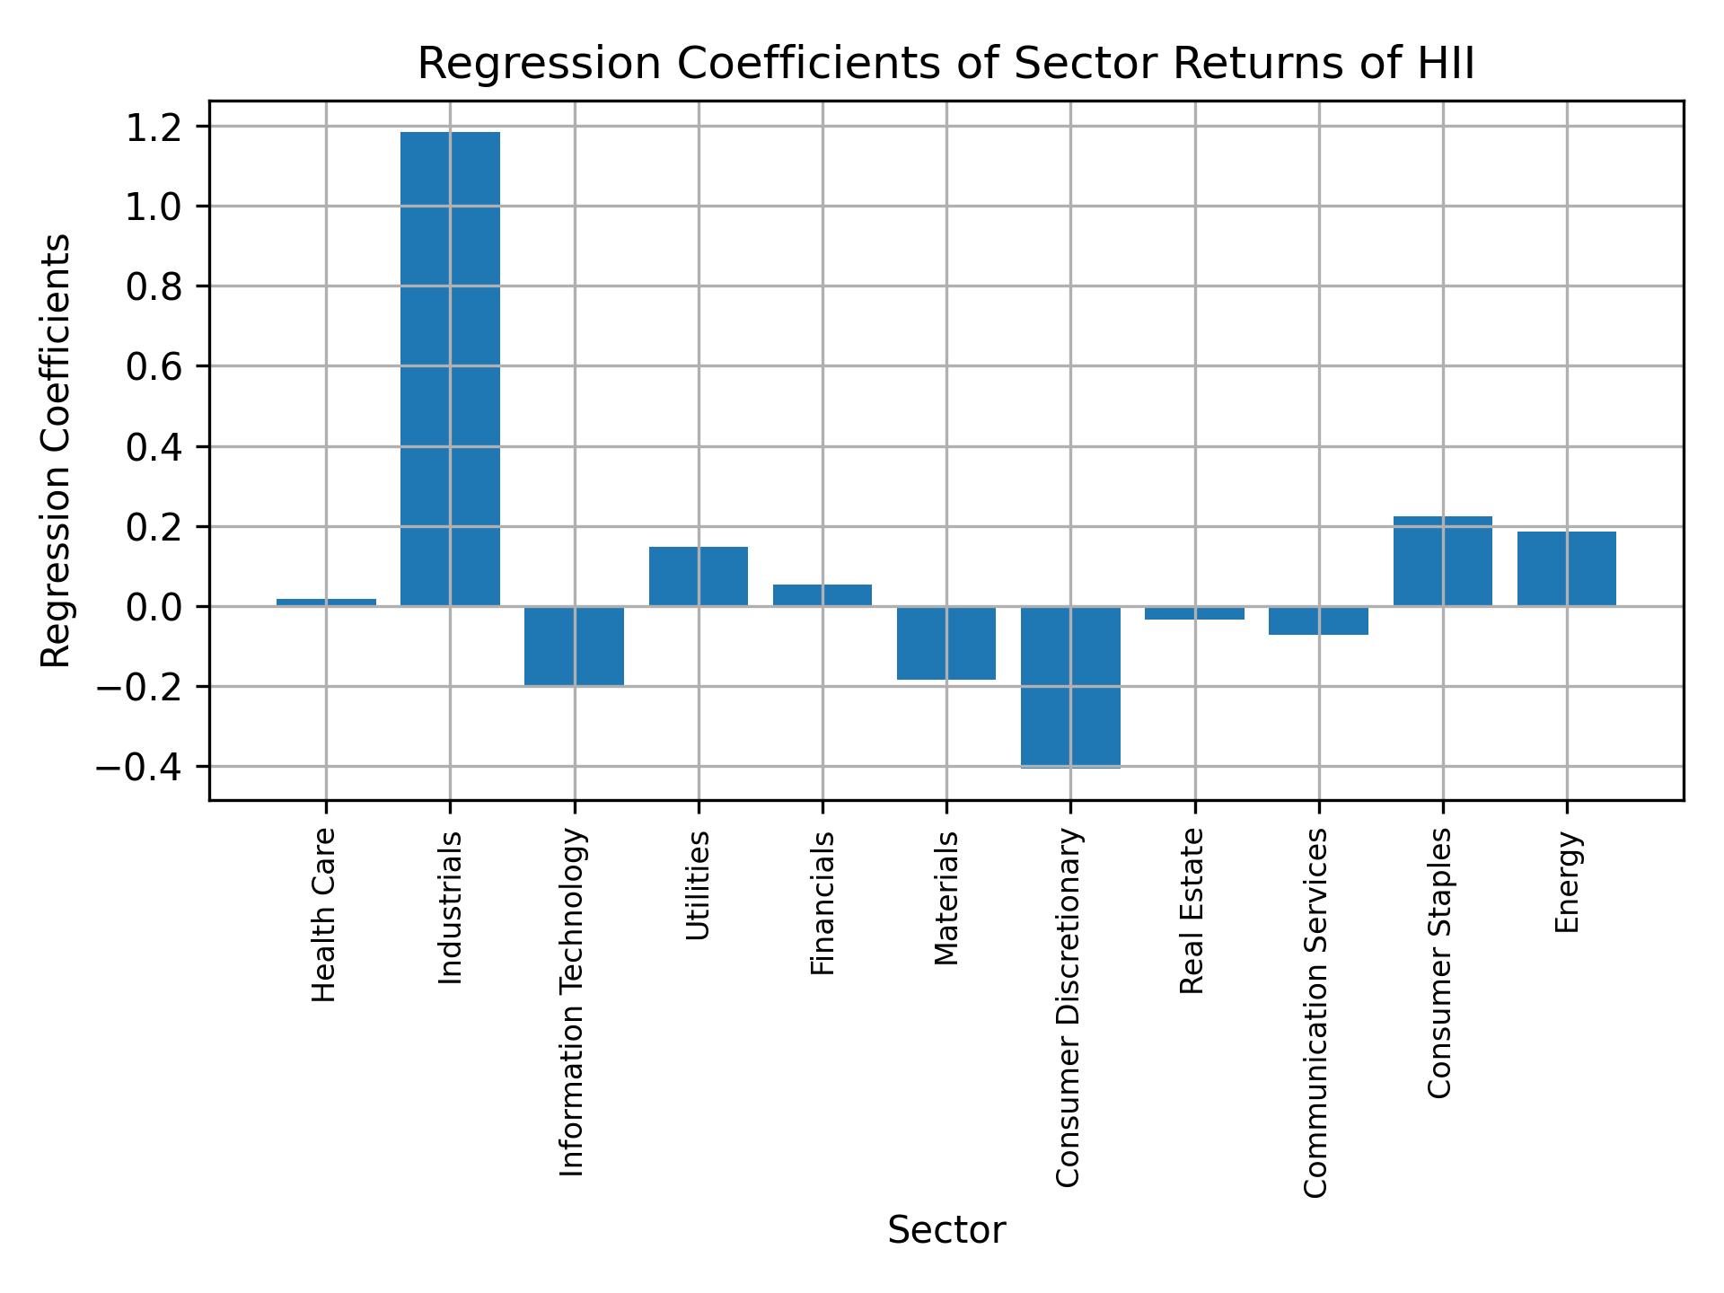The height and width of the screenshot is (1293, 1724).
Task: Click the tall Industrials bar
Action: (450, 369)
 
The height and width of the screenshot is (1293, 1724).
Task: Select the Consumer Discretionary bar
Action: (1070, 687)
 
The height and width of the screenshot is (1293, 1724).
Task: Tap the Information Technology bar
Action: (574, 646)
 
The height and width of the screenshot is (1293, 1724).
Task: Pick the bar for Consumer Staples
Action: (1442, 561)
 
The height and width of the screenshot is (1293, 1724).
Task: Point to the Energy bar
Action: (1566, 568)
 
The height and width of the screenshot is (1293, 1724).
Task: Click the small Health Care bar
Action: (326, 603)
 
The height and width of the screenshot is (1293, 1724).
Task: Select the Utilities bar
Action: (698, 576)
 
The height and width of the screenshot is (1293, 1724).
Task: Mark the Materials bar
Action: (946, 643)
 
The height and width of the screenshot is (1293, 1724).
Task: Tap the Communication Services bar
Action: (1318, 620)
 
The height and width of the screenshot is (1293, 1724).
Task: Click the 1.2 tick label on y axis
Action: (154, 127)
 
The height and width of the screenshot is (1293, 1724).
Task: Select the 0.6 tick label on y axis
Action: (154, 366)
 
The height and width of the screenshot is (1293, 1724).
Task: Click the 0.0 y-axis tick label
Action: (154, 607)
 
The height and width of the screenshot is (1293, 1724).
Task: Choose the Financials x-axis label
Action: (822, 902)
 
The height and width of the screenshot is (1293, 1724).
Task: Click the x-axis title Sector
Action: (946, 1231)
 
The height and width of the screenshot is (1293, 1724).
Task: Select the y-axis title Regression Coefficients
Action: (57, 450)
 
